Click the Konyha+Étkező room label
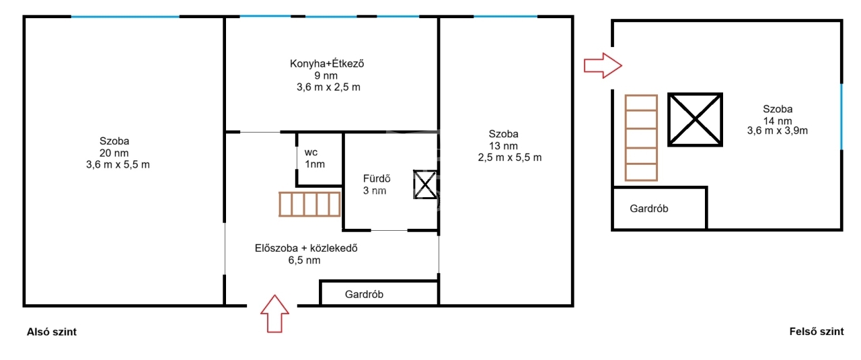pos(327,63)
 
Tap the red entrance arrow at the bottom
pos(274,314)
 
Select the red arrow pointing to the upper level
pos(603,65)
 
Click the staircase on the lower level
pos(309,205)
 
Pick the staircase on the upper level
pos(641,138)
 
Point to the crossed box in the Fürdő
pos(425,184)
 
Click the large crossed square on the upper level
pos(695,120)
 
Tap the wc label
pos(311,152)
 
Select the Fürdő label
pos(377,178)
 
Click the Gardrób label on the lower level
pos(364,294)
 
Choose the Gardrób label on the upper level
pos(649,209)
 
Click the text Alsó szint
pos(52,332)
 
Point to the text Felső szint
pos(817,332)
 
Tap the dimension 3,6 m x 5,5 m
pos(118,165)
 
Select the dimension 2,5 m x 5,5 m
pos(510,157)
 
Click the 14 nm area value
pos(777,120)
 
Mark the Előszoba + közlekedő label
pos(306,248)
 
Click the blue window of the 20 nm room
pos(125,17)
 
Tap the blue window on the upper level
pos(841,116)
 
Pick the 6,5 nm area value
pos(304,260)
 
